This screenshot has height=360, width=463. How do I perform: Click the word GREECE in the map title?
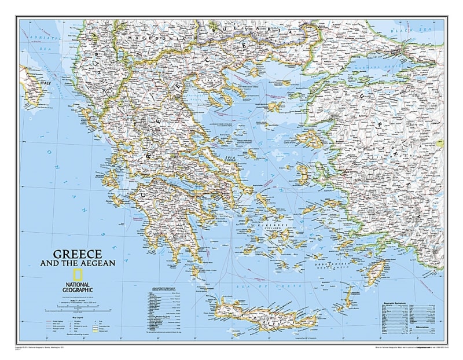click(x=78, y=254)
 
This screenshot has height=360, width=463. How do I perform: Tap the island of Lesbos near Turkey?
click(x=310, y=139)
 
